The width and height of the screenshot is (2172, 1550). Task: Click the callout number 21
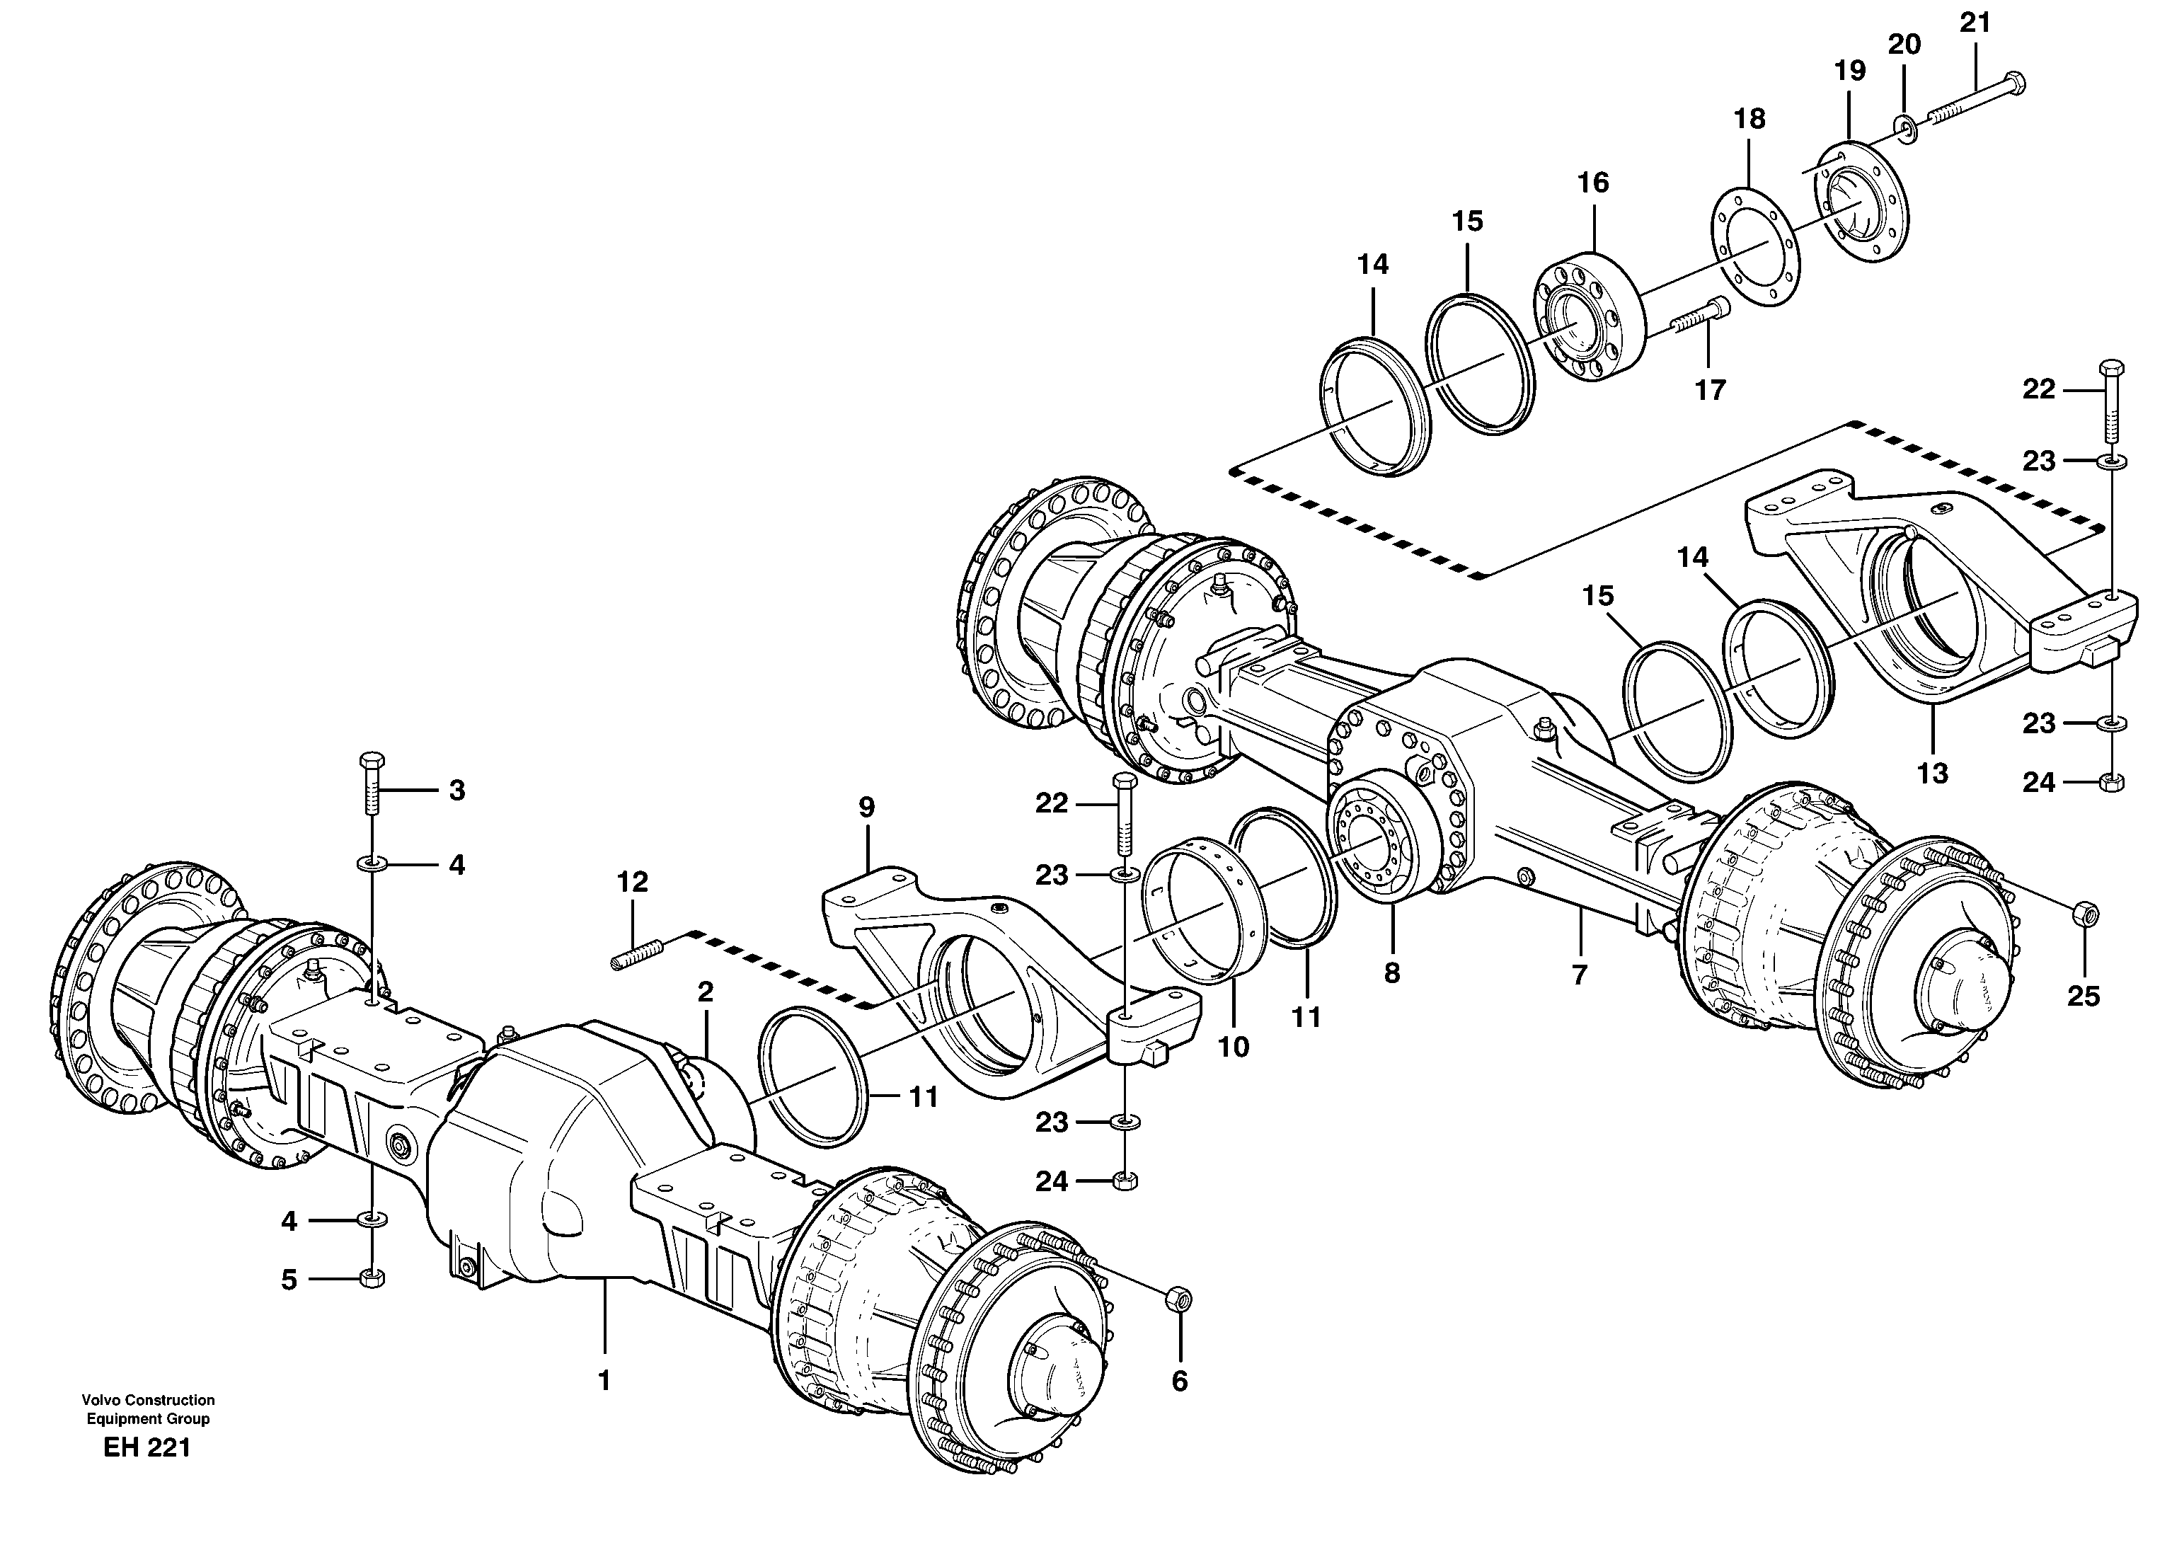point(1975,23)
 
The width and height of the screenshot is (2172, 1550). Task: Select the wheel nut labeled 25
point(2085,914)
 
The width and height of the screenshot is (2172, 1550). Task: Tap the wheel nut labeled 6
point(1180,1299)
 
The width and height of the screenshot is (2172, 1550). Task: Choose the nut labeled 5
point(372,1279)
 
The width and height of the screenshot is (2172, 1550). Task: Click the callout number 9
point(866,808)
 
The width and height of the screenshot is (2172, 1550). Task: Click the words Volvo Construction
point(148,1400)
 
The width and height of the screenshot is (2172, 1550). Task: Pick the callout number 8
point(1391,973)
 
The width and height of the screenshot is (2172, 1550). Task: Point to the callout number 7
point(1580,975)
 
